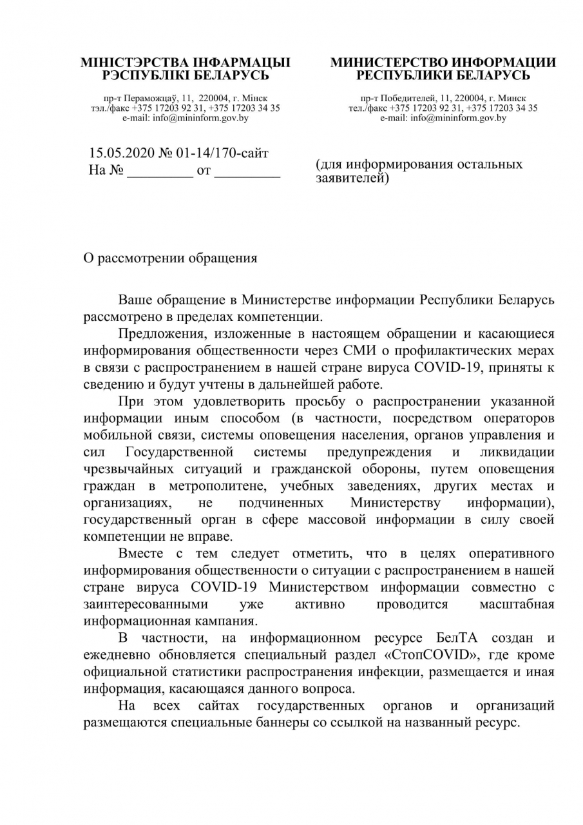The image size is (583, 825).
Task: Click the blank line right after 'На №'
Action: point(160,173)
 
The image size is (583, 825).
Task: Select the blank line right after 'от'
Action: point(247,173)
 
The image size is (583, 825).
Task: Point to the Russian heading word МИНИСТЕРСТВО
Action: point(388,63)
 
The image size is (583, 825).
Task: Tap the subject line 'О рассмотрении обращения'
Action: point(171,258)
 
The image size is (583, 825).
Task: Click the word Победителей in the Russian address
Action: point(409,97)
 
